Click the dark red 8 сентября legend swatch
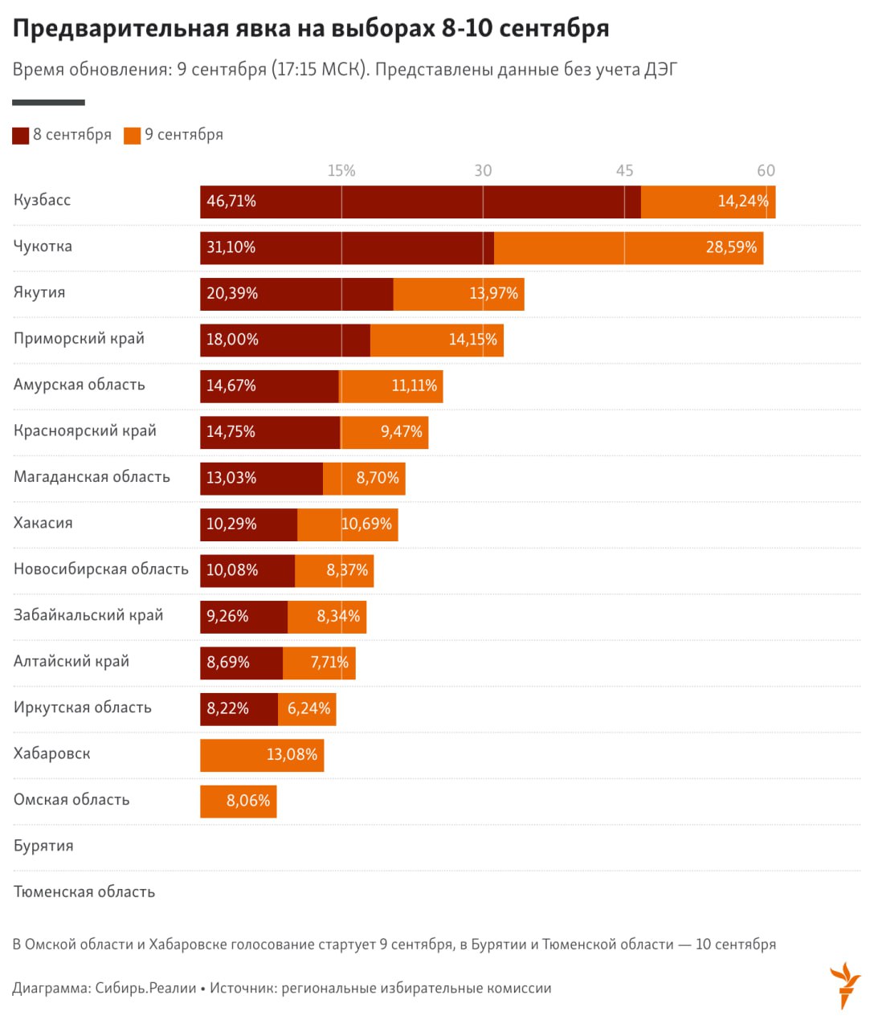click(21, 136)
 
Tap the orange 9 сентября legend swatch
click(133, 136)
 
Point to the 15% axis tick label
click(341, 170)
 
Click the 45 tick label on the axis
click(624, 170)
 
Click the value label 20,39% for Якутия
click(232, 294)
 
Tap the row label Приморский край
click(79, 338)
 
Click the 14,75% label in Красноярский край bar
click(231, 432)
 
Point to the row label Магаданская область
click(92, 477)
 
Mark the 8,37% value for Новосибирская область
click(347, 570)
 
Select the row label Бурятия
click(43, 846)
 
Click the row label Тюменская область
click(84, 891)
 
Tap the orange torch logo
click(844, 984)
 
